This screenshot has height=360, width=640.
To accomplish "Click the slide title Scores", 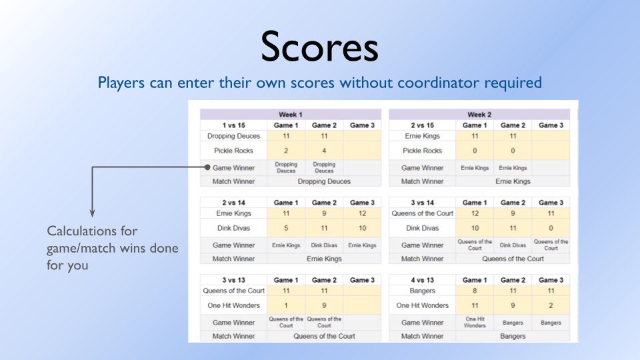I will [x=319, y=47].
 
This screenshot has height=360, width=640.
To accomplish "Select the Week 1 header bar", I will [x=291, y=115].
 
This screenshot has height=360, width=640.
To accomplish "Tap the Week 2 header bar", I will [x=479, y=115].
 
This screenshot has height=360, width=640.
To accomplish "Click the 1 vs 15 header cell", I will [x=233, y=125].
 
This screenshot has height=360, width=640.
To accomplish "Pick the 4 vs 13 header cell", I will [x=421, y=280].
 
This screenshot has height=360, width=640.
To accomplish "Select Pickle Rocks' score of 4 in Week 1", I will [x=324, y=151].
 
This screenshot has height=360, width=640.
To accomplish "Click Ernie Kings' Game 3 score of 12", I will [x=362, y=213].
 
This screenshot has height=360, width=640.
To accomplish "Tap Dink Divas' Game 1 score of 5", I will [x=286, y=228].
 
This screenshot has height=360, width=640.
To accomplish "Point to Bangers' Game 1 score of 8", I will [x=474, y=291].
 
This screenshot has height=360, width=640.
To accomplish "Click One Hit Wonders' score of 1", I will [x=286, y=305].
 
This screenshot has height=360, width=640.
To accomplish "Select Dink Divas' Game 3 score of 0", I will [x=551, y=228].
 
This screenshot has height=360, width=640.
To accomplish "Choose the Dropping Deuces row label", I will [x=233, y=136].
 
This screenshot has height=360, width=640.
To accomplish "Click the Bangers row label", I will [x=421, y=291].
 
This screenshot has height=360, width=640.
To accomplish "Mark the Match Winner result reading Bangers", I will [x=513, y=336].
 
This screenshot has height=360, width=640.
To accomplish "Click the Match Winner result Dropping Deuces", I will [x=324, y=181].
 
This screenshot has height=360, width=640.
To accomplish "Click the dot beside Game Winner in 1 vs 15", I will [x=207, y=168].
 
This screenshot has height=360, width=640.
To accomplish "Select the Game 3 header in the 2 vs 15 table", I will [x=551, y=125].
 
